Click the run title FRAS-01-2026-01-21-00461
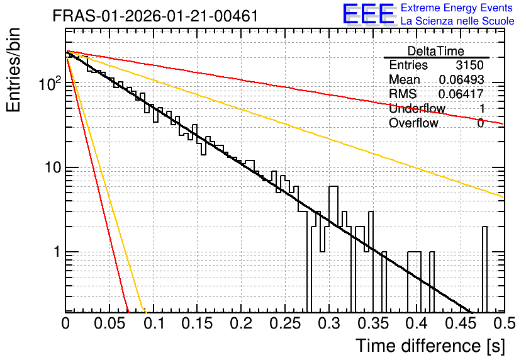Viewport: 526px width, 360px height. coord(155,16)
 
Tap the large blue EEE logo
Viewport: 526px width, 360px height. coord(369,14)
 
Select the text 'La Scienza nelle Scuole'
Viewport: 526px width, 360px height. coord(457,21)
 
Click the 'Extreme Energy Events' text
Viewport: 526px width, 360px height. coord(457,8)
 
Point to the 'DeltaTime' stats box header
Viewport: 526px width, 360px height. coord(436,51)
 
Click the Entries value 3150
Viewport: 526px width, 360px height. coord(469,65)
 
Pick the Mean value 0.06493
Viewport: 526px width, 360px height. coord(461,79)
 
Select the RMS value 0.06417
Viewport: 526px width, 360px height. coord(461,94)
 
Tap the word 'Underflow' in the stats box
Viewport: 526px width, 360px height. coord(417,108)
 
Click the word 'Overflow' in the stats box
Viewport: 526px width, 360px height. coord(413,123)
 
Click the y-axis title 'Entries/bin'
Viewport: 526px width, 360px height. coord(13,70)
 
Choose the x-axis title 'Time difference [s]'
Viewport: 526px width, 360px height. coord(430,346)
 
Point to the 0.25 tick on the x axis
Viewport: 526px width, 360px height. coord(285,323)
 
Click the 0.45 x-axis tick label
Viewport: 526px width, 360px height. coord(461,323)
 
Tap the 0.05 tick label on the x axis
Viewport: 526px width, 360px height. coord(109,323)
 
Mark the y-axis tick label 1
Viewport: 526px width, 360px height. coord(57,252)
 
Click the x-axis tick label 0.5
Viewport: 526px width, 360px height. coord(504,323)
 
